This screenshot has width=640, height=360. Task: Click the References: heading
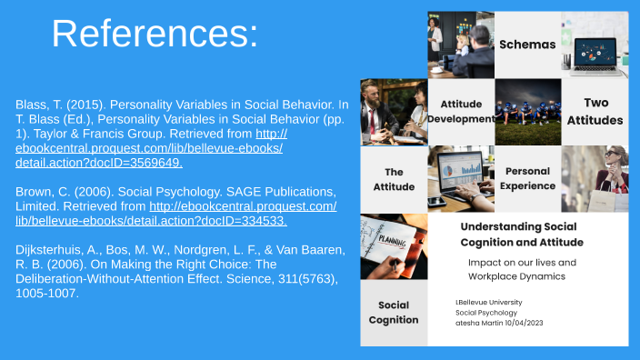[155, 34]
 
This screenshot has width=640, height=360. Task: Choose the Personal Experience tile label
[528, 178]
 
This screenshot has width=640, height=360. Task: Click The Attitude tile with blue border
[394, 178]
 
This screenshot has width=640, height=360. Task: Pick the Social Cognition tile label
[394, 312]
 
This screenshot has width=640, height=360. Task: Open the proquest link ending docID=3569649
[150, 148]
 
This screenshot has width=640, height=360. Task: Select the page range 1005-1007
[47, 294]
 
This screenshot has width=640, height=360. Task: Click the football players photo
[527, 111]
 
